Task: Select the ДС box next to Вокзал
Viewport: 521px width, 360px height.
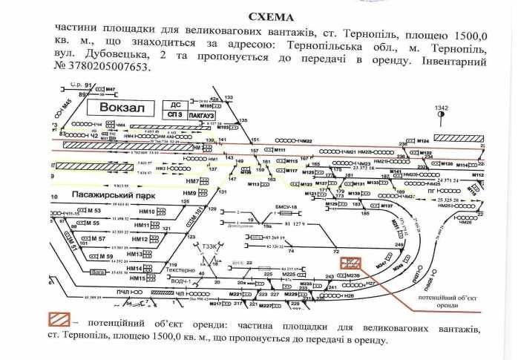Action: [x=175, y=105]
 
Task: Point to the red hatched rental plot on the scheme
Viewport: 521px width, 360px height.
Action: [x=347, y=263]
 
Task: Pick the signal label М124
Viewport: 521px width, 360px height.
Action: [x=423, y=140]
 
